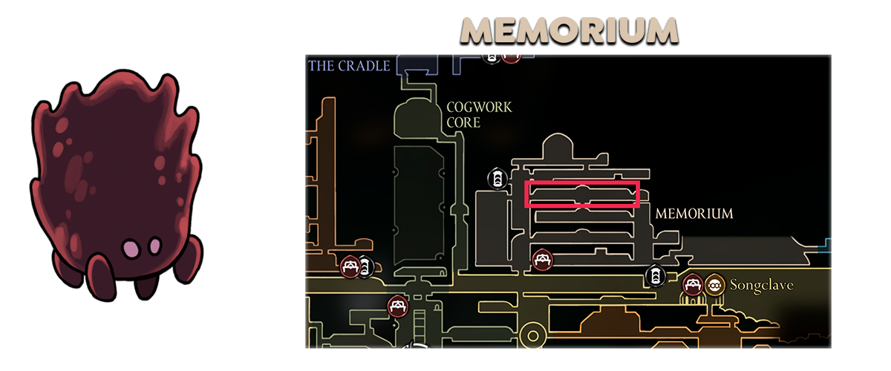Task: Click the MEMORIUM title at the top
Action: [x=568, y=31]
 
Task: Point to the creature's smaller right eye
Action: [x=155, y=244]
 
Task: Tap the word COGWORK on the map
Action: [x=479, y=108]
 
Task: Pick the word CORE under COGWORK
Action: [x=463, y=122]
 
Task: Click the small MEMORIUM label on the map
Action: [x=694, y=214]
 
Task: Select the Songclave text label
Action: [x=763, y=284]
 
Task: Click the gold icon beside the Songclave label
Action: [x=714, y=284]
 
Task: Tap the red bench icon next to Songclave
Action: [x=693, y=284]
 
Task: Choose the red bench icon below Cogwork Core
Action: [x=397, y=305]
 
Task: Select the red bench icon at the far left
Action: [x=350, y=266]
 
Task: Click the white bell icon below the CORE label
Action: [x=496, y=177]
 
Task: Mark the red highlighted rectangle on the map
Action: [x=582, y=194]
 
